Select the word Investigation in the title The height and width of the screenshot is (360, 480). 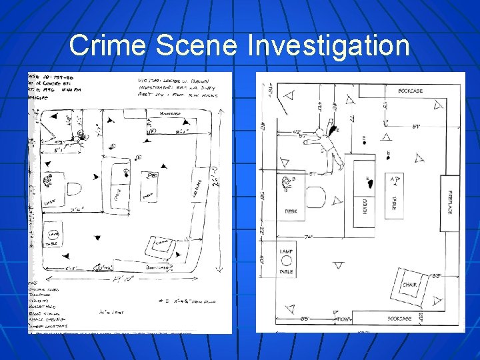point(329,46)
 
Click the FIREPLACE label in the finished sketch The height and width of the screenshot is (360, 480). point(450,201)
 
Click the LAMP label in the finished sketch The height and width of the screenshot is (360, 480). point(286,251)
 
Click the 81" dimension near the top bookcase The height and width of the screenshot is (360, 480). point(415,127)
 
